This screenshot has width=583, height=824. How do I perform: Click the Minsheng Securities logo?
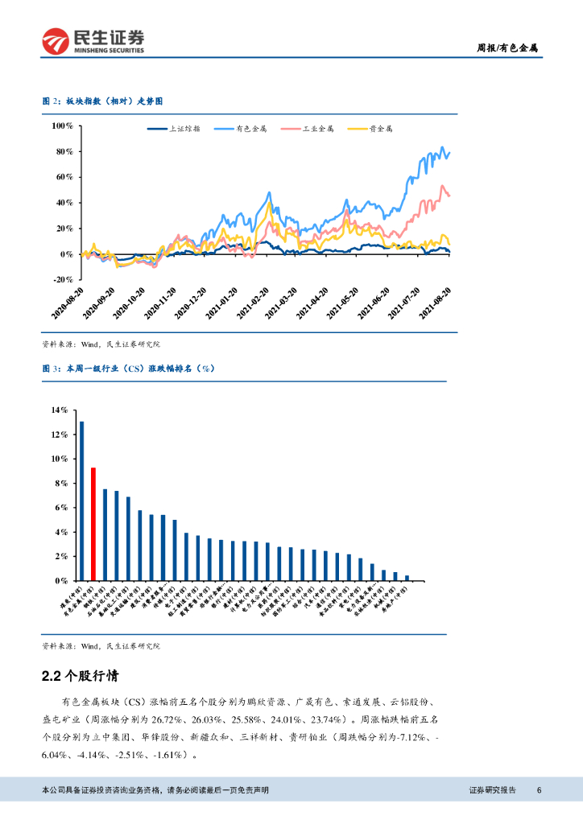pyautogui.click(x=93, y=40)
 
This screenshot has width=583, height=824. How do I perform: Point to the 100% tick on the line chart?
pyautogui.click(x=62, y=126)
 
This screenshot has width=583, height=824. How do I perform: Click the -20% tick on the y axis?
pyautogui.click(x=62, y=280)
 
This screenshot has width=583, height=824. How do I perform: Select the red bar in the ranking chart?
pyautogui.click(x=93, y=523)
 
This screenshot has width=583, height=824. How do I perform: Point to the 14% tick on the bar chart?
pyautogui.click(x=60, y=410)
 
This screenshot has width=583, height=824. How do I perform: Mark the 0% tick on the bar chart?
pyautogui.click(x=62, y=580)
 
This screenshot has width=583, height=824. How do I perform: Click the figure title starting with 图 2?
pyautogui.click(x=102, y=101)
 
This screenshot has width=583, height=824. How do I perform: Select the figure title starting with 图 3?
pyautogui.click(x=127, y=368)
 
